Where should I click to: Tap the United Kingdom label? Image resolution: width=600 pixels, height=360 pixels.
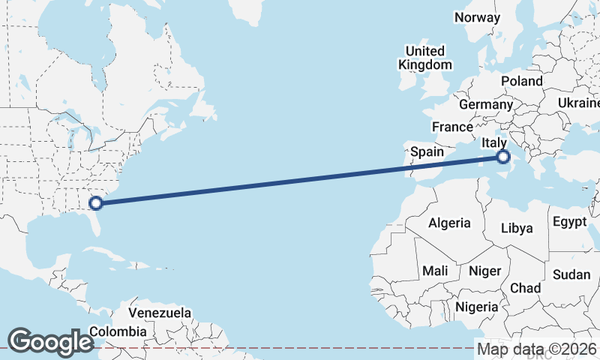pos(425,58)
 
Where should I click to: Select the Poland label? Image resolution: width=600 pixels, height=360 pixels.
pos(522,80)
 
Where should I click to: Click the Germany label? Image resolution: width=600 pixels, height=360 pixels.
pos(485,105)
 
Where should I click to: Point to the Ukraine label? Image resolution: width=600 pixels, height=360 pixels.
pos(579,103)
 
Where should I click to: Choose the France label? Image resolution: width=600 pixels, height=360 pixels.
pos(453,127)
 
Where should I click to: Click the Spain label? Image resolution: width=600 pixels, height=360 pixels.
pos(427,151)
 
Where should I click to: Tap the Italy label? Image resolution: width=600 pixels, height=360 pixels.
pos(495,142)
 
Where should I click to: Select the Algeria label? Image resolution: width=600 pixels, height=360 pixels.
pos(449,223)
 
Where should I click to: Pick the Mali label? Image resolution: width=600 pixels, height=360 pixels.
pos(435,270)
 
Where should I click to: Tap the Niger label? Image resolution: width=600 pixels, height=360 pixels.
pos(484,270)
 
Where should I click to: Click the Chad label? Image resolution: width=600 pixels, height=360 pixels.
pos(525,288)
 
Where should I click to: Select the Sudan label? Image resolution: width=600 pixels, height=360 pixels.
pos(571,274)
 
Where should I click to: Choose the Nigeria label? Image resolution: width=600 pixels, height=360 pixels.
pos(476,307)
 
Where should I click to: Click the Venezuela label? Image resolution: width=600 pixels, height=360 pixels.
pos(160,313)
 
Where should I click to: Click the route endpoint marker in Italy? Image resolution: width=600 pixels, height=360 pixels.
pos(503,157)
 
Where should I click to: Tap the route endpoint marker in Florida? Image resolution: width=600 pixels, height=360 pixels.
pos(96,202)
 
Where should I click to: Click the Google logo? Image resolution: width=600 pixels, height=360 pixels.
pos(50,342)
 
